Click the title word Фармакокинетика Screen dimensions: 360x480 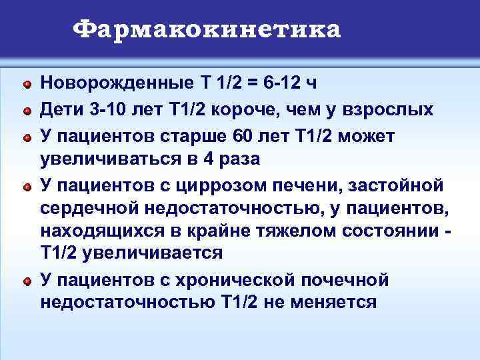tap(207, 29)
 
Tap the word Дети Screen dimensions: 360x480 tap(62, 109)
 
